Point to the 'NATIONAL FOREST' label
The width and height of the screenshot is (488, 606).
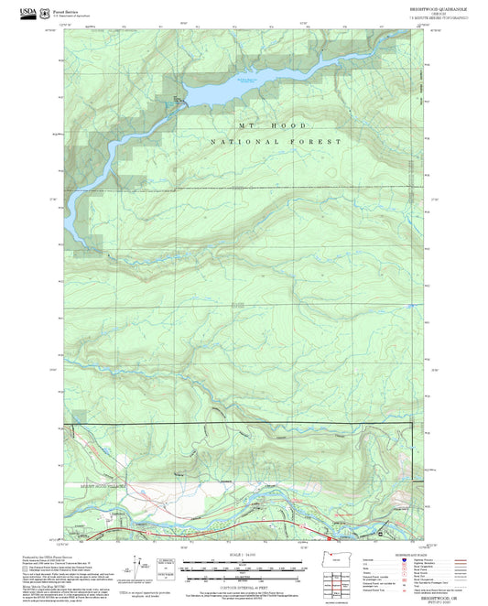tap(275, 142)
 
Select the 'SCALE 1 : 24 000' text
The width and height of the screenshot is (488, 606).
tap(243, 556)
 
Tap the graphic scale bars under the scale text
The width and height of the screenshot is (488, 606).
tap(243, 568)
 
